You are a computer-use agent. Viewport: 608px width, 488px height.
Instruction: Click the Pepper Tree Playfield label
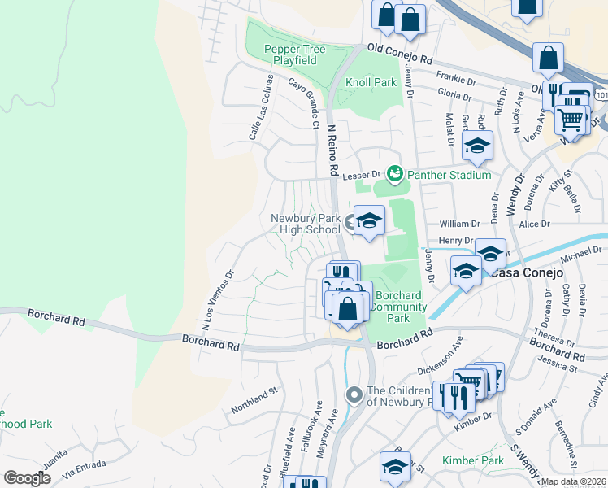click(294, 55)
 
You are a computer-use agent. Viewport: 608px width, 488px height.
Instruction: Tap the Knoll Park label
click(371, 82)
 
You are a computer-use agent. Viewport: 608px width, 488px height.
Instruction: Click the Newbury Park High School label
click(305, 224)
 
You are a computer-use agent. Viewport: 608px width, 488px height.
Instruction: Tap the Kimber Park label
click(472, 461)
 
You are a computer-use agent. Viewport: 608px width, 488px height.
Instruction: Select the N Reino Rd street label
click(332, 150)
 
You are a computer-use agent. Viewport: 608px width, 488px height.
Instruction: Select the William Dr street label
click(460, 224)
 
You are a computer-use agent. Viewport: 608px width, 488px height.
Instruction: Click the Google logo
click(28, 478)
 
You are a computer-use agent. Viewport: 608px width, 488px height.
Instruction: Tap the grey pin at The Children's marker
click(354, 395)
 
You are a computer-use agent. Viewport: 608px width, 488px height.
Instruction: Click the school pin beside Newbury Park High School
click(369, 220)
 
